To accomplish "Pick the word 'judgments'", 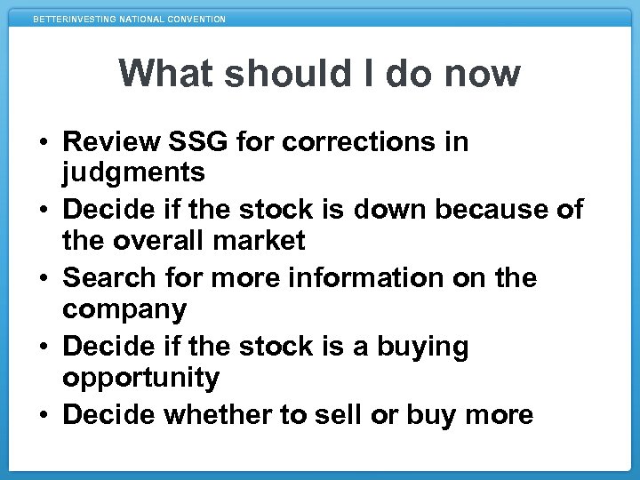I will click(133, 172).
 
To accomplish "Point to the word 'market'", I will click(263, 241).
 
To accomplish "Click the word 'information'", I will click(392, 278).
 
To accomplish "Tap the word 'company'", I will click(124, 310).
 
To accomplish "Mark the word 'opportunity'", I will click(140, 379).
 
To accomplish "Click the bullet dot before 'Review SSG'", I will click(43, 142).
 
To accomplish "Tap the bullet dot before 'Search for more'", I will click(43, 279).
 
